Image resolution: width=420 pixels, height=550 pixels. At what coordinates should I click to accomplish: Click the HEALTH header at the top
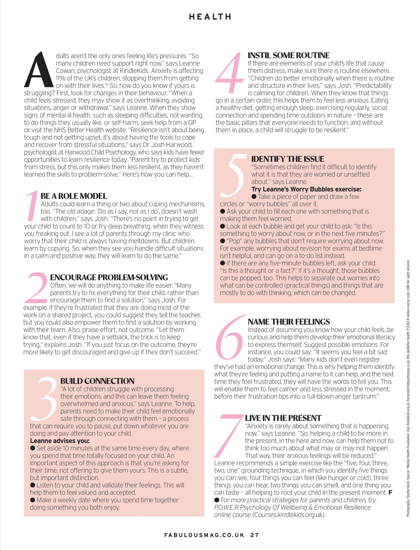[210, 17]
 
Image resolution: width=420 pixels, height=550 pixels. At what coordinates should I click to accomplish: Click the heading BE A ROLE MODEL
[74, 196]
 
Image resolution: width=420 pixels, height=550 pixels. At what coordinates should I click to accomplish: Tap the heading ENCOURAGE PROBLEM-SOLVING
[109, 277]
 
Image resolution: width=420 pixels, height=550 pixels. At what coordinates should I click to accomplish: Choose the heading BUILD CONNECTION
[97, 381]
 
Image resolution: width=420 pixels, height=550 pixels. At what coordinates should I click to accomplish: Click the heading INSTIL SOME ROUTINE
[288, 55]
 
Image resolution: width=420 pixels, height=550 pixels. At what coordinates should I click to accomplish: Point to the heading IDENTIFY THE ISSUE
[287, 159]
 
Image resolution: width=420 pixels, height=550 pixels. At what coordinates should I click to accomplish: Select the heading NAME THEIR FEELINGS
[289, 322]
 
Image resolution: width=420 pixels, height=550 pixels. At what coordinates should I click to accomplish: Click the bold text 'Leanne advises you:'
[60, 441]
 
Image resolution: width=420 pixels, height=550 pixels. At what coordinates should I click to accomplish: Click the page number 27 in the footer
[254, 535]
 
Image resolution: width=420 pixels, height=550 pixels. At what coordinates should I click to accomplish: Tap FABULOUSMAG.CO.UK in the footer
[204, 535]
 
